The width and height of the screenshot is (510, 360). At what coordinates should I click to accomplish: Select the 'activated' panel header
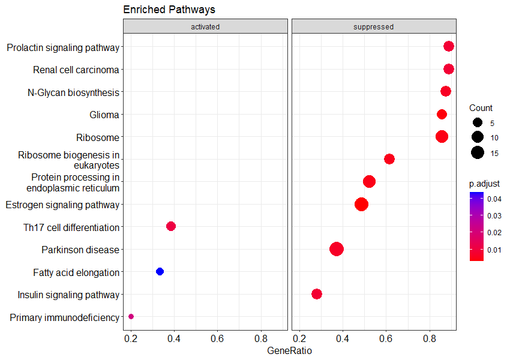[205, 26]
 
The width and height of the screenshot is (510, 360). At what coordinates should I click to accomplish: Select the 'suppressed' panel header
[374, 26]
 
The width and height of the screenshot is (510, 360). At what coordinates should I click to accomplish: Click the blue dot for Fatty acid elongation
[160, 272]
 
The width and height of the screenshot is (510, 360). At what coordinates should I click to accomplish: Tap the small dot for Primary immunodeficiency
[131, 317]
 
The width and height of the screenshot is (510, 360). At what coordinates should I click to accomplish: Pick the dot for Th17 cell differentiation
[170, 226]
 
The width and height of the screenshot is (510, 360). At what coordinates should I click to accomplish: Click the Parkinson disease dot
[337, 249]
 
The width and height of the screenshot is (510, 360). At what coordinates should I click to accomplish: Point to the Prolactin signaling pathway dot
[448, 47]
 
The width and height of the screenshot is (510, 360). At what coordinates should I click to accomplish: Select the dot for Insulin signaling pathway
[317, 294]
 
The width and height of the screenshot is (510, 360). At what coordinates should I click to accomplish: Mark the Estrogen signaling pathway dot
[361, 205]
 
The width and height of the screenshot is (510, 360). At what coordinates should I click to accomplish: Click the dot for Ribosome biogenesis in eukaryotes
[389, 159]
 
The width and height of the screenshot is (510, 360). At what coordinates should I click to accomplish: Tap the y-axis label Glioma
[104, 115]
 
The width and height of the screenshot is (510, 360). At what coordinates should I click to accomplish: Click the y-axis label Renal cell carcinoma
[76, 70]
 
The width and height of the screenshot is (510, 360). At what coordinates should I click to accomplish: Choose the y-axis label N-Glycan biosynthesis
[73, 92]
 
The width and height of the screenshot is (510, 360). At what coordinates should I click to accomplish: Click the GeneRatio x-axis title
[289, 350]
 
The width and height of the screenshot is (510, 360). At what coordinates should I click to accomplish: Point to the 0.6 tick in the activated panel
[217, 338]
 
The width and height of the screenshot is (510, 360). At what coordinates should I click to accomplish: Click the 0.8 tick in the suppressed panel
[430, 338]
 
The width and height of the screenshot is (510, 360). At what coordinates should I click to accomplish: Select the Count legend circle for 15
[478, 152]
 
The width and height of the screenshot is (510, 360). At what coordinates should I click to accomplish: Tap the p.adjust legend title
[485, 183]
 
